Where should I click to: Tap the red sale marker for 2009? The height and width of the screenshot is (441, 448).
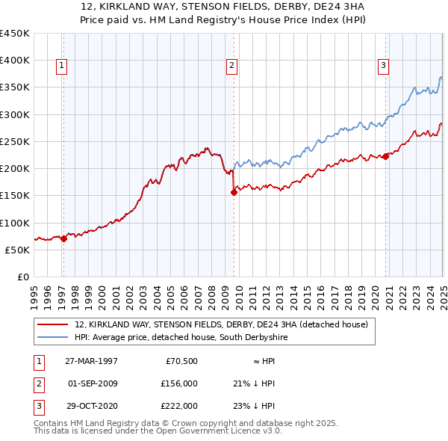point(234,192)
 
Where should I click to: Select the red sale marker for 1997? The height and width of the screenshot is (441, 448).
point(63,238)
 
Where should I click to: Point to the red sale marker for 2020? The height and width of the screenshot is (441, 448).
point(386,156)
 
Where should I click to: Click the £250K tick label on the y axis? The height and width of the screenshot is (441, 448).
point(15,141)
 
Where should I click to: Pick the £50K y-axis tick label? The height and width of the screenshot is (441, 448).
point(18,250)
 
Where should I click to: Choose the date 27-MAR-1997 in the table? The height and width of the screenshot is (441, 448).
point(91,361)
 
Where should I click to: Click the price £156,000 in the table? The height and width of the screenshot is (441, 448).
point(180,383)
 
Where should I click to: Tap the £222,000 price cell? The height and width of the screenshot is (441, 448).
point(180,406)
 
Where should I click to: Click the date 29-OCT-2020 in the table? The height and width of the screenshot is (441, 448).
point(91,406)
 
